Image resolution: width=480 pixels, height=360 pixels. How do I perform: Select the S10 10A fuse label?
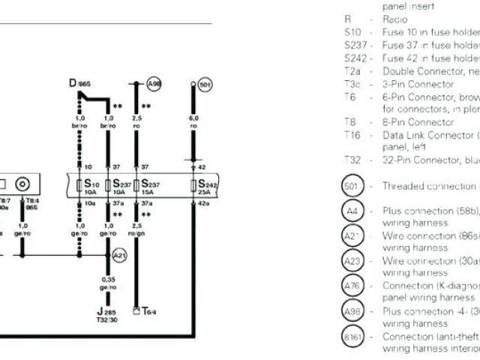click(91, 187)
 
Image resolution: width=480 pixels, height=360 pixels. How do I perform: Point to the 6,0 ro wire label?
click(193, 122)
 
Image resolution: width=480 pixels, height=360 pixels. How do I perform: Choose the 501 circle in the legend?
click(353, 185)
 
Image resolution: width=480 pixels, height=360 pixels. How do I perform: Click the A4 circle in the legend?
click(353, 211)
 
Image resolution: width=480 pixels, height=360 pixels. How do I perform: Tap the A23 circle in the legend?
click(353, 261)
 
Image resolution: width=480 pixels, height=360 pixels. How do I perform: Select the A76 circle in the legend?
click(353, 286)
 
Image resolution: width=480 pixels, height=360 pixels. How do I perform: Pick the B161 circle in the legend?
click(353, 337)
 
